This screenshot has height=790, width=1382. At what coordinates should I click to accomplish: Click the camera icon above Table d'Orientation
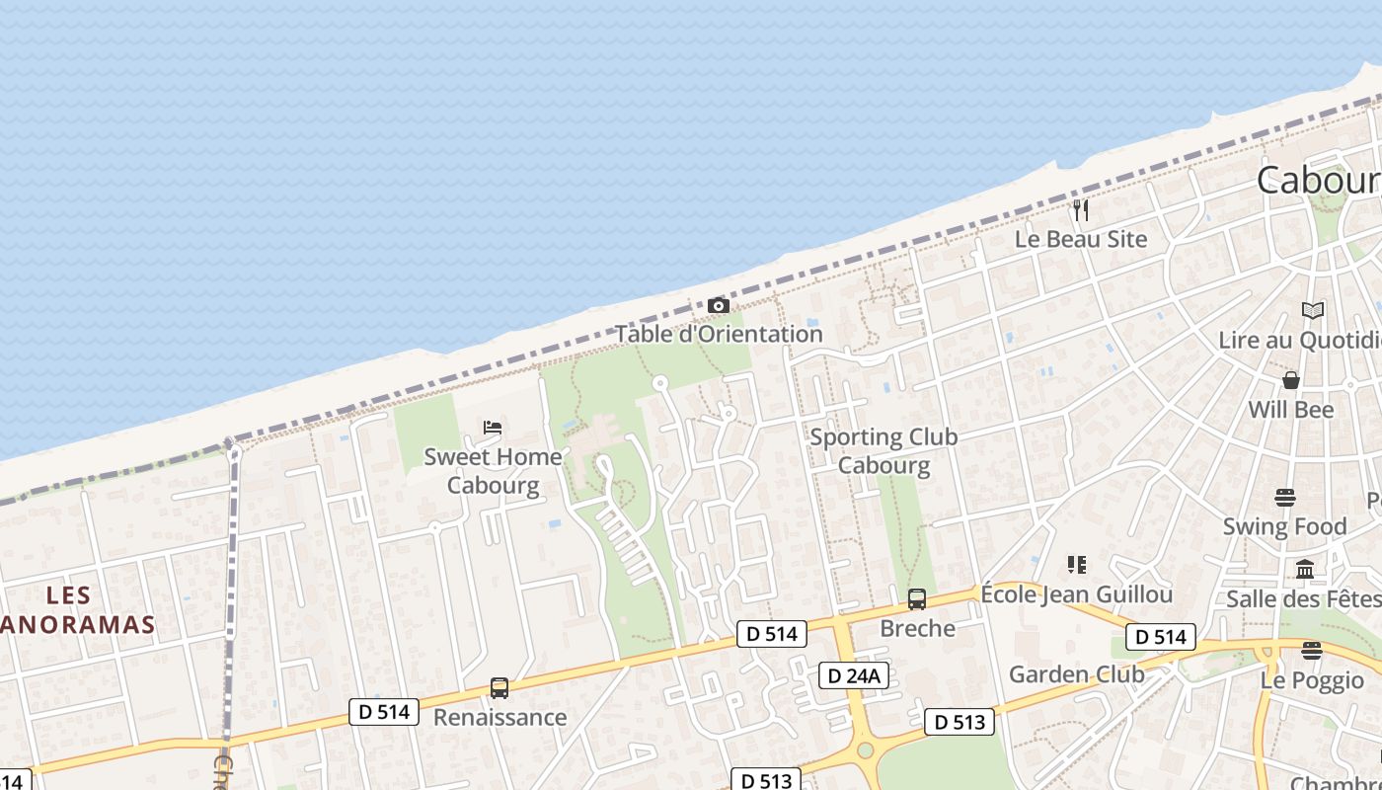pos(719,306)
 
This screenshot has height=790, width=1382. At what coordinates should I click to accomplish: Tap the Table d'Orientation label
pos(719,334)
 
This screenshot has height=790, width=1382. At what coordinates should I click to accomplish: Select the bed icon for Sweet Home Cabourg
pos(493,428)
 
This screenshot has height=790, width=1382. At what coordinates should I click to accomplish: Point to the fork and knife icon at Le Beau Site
pos(1081,210)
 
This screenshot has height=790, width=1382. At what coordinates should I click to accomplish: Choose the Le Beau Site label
pos(1081,239)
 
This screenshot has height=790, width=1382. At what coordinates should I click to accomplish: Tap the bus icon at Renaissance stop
pos(499,688)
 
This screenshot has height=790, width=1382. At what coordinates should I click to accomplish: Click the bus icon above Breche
pos(917,599)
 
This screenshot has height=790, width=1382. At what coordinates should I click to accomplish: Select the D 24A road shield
pos(855,675)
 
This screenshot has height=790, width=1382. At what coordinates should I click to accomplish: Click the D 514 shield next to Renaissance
pos(384,711)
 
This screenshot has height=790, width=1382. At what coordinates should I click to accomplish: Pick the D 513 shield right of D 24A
pos(959,722)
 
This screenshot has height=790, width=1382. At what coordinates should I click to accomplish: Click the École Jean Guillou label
pos(1076,594)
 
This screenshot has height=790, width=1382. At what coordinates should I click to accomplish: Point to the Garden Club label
pos(1076,675)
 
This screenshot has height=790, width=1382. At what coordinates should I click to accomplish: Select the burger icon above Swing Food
pos(1284,498)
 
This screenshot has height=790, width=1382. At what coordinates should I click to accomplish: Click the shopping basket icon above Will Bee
pos(1290,380)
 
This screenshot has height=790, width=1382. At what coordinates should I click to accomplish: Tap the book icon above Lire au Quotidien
pos(1312,311)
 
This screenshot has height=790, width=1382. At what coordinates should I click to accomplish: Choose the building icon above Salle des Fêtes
pos(1305,570)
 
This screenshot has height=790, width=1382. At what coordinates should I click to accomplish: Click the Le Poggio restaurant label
pos(1312,680)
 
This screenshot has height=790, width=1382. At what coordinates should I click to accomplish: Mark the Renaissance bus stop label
pos(499,717)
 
